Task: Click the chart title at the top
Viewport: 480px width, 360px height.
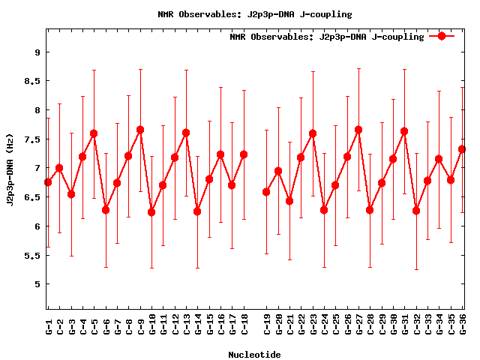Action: (x=255, y=14)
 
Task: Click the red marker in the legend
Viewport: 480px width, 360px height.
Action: (x=442, y=36)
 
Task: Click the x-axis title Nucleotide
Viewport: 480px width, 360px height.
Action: (x=254, y=355)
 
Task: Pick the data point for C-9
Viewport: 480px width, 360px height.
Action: (x=140, y=130)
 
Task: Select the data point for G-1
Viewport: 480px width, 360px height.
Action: (x=48, y=182)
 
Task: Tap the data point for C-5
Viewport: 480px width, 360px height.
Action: (x=94, y=133)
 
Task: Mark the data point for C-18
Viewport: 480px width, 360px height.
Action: (x=244, y=154)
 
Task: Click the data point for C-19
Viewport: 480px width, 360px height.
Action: (x=266, y=192)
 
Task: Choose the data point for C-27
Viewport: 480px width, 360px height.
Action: (x=358, y=130)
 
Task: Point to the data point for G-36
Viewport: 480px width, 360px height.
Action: (x=462, y=149)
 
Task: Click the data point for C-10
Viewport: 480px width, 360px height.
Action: (x=151, y=212)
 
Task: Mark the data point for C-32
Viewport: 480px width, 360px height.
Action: (x=416, y=211)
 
